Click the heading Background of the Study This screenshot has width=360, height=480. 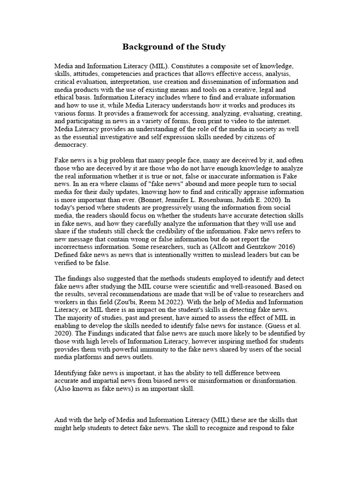coord(174,47)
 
